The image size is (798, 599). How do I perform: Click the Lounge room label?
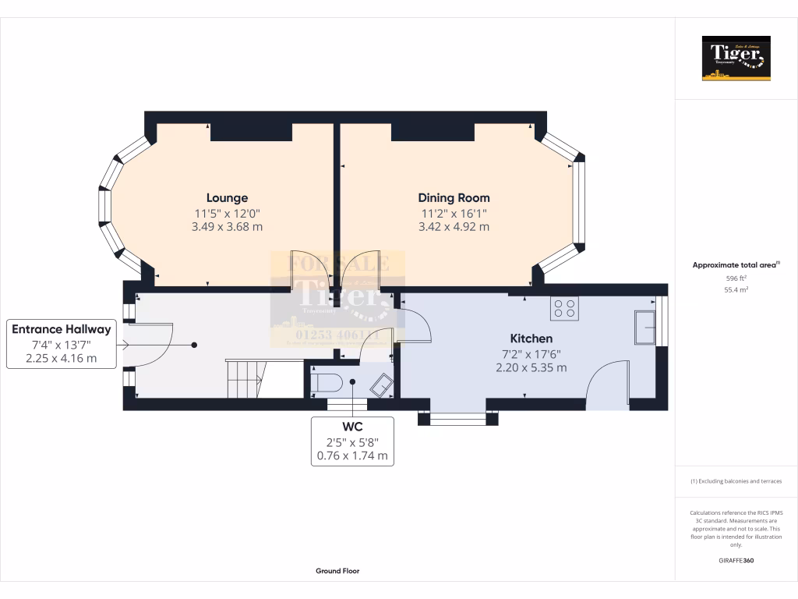pos(227,198)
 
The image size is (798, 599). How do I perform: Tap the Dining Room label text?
pos(454,198)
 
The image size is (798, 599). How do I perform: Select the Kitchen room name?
pos(531,338)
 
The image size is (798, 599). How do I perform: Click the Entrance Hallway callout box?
pos(61,343)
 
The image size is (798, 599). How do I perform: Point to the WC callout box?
pos(352,441)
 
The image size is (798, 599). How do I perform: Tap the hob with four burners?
pos(564,309)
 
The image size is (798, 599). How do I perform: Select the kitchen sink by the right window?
pos(644,328)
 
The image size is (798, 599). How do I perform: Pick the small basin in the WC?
pos(381,385)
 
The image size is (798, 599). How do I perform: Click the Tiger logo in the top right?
pos(736,58)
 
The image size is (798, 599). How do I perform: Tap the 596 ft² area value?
pos(736,278)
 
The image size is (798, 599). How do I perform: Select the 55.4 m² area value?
pos(736,289)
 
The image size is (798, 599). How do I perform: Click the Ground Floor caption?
pos(337,571)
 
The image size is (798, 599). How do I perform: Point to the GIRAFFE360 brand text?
pos(736,560)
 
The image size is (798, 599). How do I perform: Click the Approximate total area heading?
pos(736,265)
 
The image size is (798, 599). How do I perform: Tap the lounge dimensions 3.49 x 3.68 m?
pos(227,227)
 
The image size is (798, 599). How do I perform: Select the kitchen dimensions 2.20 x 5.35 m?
pos(531,367)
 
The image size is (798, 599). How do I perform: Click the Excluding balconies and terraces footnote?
pos(736,481)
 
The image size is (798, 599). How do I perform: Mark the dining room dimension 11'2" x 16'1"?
pos(454,213)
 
